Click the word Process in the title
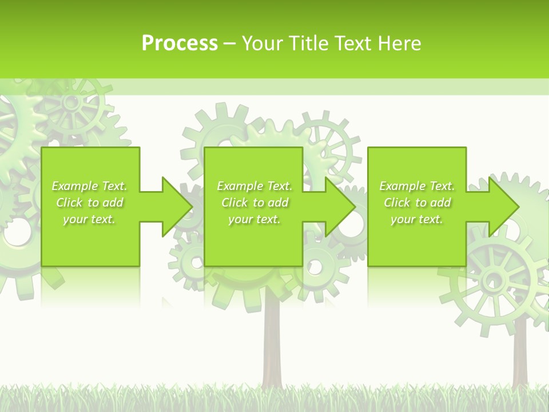click(180, 43)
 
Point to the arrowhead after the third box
click(503, 207)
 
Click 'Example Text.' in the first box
click(89, 186)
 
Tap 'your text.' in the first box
click(89, 219)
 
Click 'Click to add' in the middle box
click(254, 203)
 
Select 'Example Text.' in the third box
click(417, 186)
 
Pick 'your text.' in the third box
click(417, 219)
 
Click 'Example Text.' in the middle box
click(254, 186)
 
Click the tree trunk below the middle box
click(272, 343)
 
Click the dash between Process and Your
click(229, 43)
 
